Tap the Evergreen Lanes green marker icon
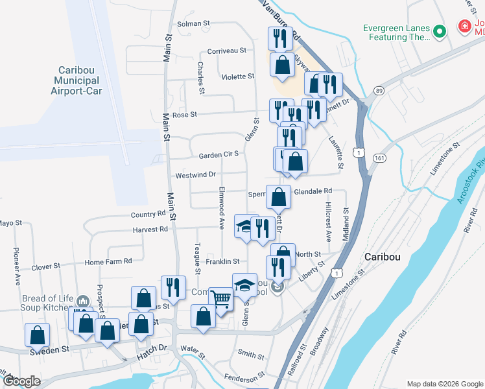pyautogui.click(x=439, y=31)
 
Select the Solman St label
pyautogui.click(x=194, y=23)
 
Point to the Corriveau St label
pyautogui.click(x=226, y=51)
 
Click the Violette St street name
pyautogui.click(x=238, y=77)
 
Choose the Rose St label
pyautogui.click(x=184, y=115)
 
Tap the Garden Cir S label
pyautogui.click(x=219, y=154)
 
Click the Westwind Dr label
pyautogui.click(x=195, y=175)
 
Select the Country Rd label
pyautogui.click(x=148, y=214)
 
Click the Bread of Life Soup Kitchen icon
pyautogui.click(x=82, y=301)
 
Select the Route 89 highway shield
pyautogui.click(x=379, y=91)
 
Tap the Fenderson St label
pyautogui.click(x=244, y=375)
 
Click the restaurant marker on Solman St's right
pyautogui.click(x=279, y=38)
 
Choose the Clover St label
pyautogui.click(x=45, y=266)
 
